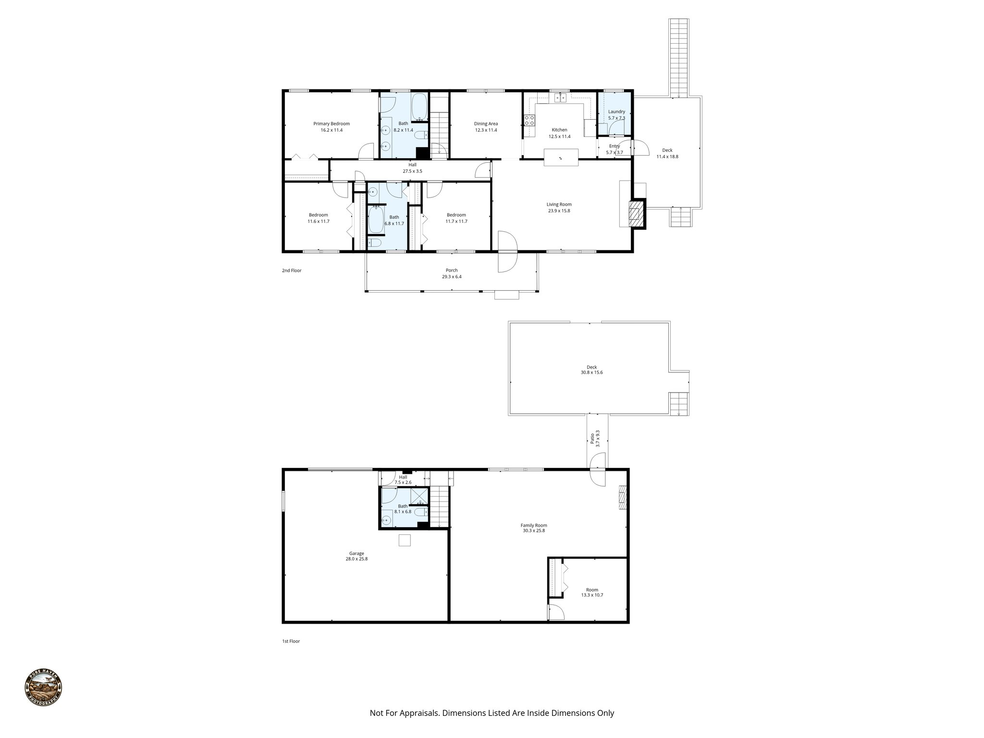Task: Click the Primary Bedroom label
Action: click(x=332, y=127)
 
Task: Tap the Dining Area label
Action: click(x=486, y=127)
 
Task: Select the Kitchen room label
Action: click(x=559, y=133)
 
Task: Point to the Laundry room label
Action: click(x=616, y=114)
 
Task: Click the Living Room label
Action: click(x=559, y=208)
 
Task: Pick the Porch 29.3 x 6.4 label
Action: click(x=452, y=273)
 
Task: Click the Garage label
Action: click(x=357, y=556)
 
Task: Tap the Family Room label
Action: click(x=534, y=528)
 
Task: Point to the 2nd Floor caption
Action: click(x=292, y=271)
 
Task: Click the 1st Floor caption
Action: click(x=291, y=641)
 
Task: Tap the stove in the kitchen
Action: click(x=529, y=120)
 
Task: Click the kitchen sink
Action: click(x=559, y=98)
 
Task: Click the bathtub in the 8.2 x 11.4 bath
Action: click(x=419, y=107)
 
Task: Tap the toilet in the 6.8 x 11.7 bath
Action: click(x=374, y=243)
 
